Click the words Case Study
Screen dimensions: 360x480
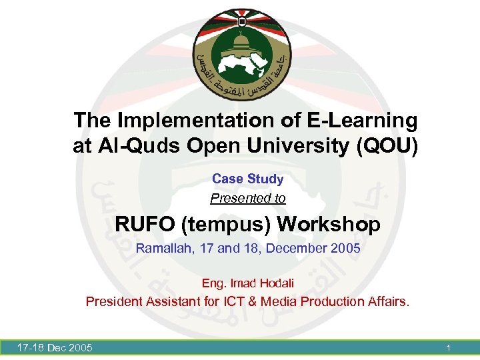[247, 179]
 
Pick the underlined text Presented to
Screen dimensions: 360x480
[247, 198]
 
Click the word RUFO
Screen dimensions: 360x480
[144, 224]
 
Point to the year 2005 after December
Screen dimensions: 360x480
[345, 249]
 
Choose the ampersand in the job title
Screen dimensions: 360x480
[251, 301]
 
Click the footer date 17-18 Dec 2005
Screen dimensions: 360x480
[55, 347]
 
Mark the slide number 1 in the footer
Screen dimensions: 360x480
[449, 347]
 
